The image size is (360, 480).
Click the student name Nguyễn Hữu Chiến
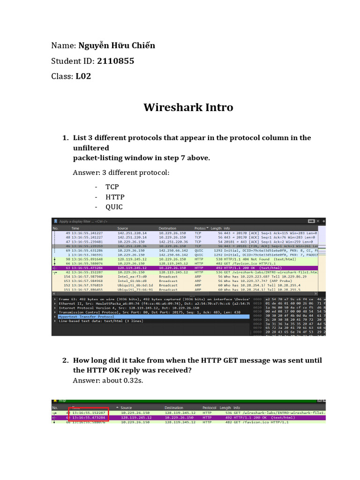pyautogui.click(x=117, y=45)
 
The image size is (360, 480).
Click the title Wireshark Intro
pyautogui.click(x=188, y=107)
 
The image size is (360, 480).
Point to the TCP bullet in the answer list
pyautogui.click(x=112, y=187)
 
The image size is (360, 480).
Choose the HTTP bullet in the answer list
pyautogui.click(x=115, y=197)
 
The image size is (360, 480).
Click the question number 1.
pyautogui.click(x=65, y=138)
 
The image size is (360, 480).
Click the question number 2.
pyautogui.click(x=65, y=360)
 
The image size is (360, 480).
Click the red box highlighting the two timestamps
pyautogui.click(x=89, y=414)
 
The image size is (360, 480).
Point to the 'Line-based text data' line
pyautogui.click(x=89, y=321)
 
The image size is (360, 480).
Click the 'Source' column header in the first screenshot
pyautogui.click(x=123, y=228)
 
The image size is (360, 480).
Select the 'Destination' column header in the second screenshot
pyautogui.click(x=174, y=408)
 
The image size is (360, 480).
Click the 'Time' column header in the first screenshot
pyautogui.click(x=75, y=228)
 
